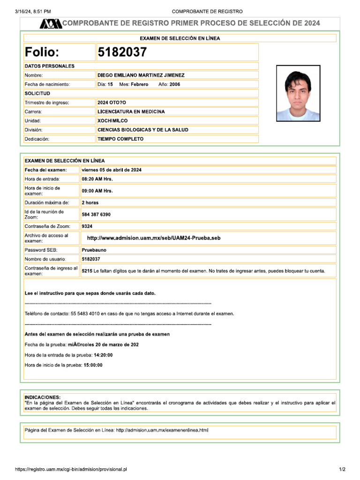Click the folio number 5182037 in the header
122,52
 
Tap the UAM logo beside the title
50,23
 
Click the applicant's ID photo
298,93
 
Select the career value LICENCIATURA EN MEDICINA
131,112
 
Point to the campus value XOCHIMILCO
112,121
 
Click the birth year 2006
175,84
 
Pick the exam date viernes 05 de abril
112,170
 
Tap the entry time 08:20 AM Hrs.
97,179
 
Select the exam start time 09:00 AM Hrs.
97,191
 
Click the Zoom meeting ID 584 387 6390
96,215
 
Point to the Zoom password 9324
87,226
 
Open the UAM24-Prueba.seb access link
154,238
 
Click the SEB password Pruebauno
94,250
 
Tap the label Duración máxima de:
47,203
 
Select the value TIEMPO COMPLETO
120,139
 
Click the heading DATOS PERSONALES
49,66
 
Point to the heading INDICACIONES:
42,397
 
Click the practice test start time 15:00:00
93,365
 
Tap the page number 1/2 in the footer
342,469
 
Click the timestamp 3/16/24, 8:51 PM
33,11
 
